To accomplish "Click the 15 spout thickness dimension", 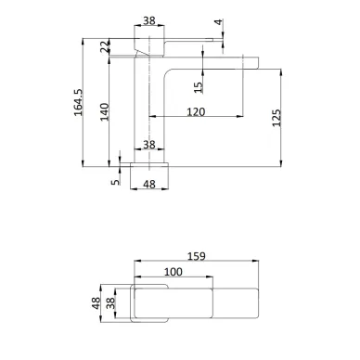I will pyautogui.click(x=198, y=86).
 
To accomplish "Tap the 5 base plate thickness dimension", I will pyautogui.click(x=115, y=181).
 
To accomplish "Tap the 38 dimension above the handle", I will pyautogui.click(x=149, y=20).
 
